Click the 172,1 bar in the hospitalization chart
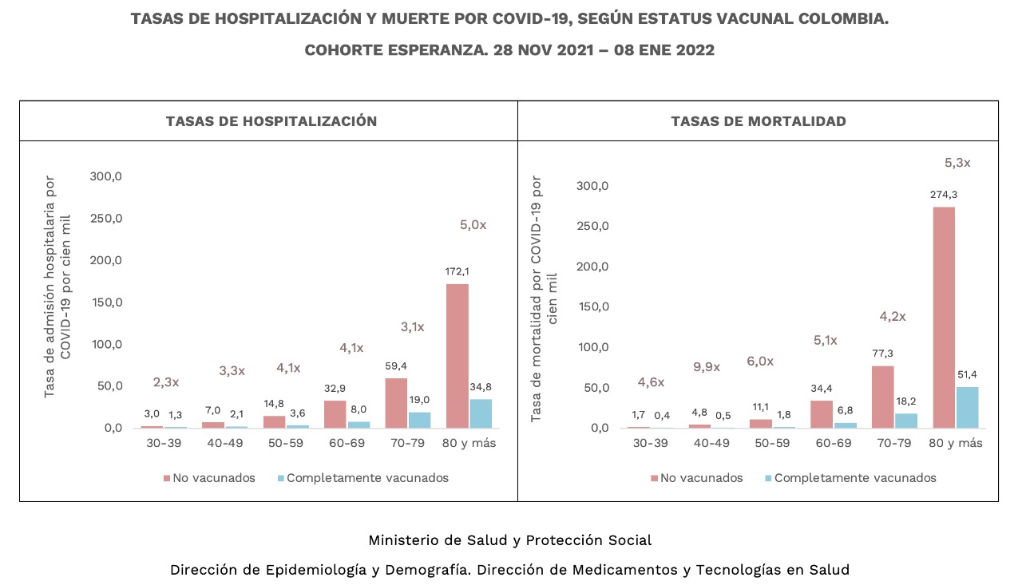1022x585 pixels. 458,356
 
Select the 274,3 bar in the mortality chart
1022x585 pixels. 944,318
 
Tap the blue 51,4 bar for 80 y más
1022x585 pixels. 967,408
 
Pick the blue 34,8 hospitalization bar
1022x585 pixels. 481,413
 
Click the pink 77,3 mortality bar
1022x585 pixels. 882,397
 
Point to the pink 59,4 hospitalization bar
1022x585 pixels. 396,403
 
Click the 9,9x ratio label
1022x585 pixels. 707,367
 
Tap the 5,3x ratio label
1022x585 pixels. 957,163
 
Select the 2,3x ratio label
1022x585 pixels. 166,381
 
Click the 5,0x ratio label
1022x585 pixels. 473,225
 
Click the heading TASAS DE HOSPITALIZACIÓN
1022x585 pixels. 271,121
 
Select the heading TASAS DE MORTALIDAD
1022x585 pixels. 759,121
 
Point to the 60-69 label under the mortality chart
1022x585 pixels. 832,443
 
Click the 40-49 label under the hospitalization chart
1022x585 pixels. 224,443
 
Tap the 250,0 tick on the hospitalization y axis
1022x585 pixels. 105,219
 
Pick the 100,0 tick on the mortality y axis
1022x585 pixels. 592,347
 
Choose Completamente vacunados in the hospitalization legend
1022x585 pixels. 367,478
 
